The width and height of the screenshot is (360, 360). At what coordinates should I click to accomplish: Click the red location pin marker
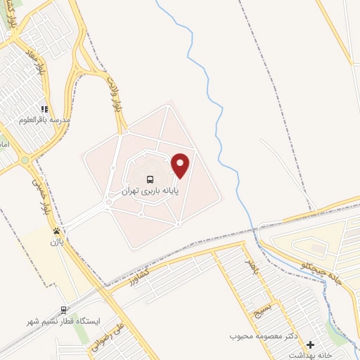click(181, 165)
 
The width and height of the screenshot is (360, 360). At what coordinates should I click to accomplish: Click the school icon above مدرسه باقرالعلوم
click(44, 110)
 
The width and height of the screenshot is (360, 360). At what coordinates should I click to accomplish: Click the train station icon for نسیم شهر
click(64, 309)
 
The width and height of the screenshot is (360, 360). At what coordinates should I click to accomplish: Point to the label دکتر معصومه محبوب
click(264, 337)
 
